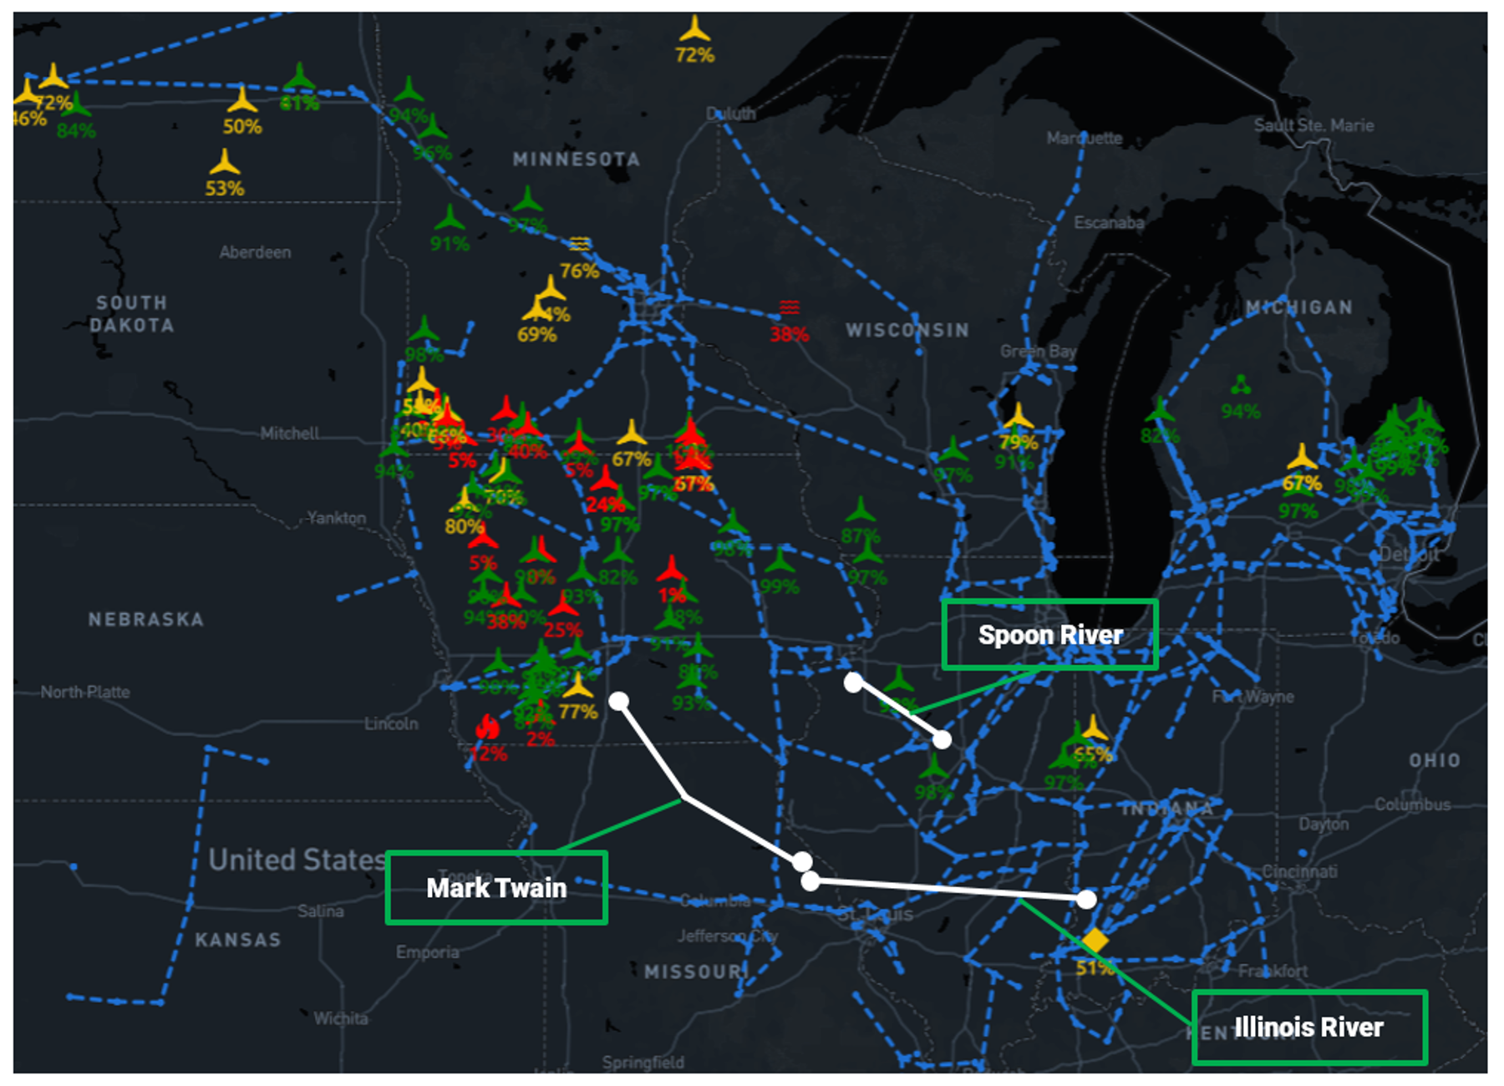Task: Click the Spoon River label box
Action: point(1049,635)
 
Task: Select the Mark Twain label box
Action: point(496,887)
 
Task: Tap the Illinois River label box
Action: point(1308,1027)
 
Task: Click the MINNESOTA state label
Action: point(577,159)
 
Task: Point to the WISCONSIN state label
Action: point(907,330)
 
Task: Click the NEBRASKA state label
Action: point(146,619)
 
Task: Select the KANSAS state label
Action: point(238,940)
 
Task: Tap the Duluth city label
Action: point(731,114)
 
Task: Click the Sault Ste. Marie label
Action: point(1313,125)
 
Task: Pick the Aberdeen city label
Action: point(255,252)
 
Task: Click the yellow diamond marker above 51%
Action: point(1094,941)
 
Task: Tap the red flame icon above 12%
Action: point(487,728)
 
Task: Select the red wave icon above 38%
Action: point(790,308)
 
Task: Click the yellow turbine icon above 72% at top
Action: point(694,30)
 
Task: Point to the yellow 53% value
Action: point(225,189)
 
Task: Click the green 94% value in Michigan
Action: point(1240,411)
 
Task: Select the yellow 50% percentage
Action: point(242,127)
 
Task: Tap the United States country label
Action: point(297,860)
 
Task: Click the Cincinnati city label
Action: point(1299,871)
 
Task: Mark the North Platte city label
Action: point(85,692)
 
